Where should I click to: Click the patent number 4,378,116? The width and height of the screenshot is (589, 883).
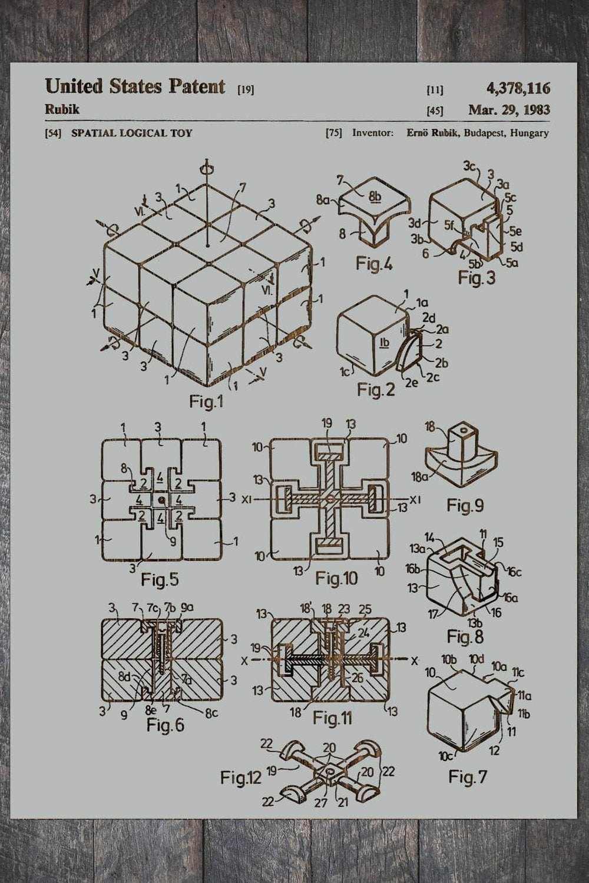click(x=518, y=88)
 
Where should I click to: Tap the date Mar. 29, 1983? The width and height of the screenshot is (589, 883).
click(x=509, y=109)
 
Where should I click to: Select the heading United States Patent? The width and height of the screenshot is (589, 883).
click(x=135, y=87)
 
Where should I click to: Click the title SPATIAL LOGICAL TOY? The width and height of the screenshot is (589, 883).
click(x=131, y=133)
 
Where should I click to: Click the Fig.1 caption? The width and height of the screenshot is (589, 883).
click(x=206, y=401)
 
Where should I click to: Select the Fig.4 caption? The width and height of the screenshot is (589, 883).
click(x=374, y=263)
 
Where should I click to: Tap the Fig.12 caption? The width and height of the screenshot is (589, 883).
click(x=240, y=778)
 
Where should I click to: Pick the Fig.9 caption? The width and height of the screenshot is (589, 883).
click(x=465, y=505)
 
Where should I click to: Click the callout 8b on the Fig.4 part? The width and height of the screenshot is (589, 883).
click(x=375, y=197)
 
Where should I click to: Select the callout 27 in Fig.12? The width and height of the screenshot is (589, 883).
click(x=320, y=802)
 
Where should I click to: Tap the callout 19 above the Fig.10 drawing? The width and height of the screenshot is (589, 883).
click(x=327, y=423)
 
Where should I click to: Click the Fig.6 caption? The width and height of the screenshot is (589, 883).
click(x=165, y=725)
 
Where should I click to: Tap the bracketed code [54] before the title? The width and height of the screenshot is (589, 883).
click(x=53, y=133)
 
